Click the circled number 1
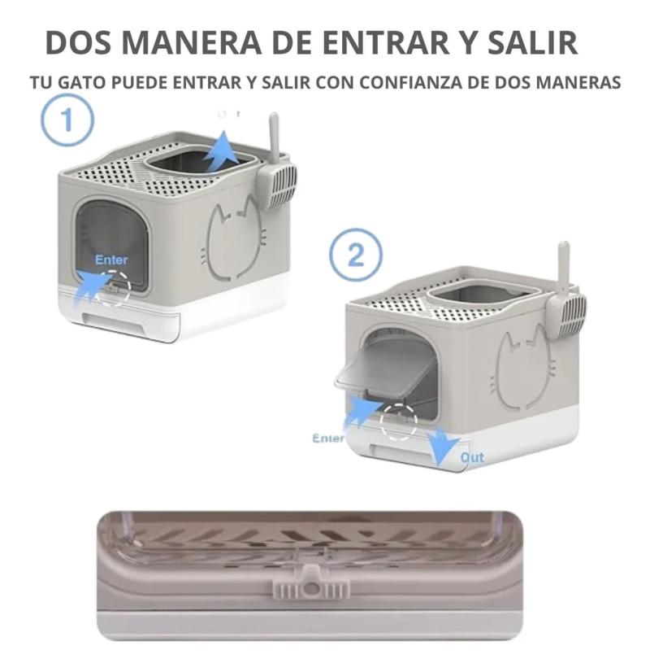coord(67,120)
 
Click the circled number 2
coord(355,256)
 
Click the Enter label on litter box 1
coord(111,260)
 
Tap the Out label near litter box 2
coord(472,457)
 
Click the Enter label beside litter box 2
coord(328,438)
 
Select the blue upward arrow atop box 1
coord(220,153)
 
